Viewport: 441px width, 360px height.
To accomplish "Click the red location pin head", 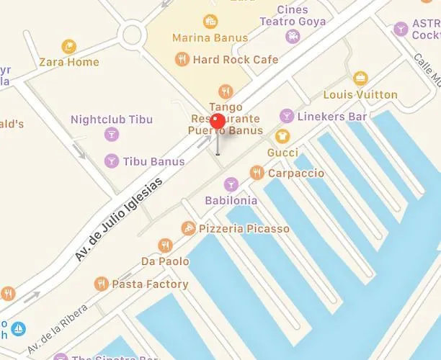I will [218, 121].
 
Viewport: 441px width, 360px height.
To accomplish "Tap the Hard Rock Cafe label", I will [235, 60].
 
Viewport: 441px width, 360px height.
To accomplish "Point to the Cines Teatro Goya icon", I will [293, 35].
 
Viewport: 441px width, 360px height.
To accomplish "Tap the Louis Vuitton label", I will [360, 94].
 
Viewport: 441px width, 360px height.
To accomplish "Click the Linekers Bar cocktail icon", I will [287, 115].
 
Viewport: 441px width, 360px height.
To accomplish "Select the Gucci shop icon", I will [282, 135].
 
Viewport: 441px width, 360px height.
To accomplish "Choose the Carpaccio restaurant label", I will [295, 174].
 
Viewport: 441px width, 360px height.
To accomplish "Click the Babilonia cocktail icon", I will [231, 184].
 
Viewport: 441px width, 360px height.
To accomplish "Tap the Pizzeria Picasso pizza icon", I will [187, 228].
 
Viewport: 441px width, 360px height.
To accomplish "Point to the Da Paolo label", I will [165, 261].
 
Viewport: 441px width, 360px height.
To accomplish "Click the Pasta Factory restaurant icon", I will [101, 284].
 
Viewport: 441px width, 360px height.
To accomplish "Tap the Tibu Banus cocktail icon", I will [111, 160].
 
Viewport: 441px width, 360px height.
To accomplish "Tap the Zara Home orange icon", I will [69, 47].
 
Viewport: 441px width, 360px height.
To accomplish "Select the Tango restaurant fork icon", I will [226, 91].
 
